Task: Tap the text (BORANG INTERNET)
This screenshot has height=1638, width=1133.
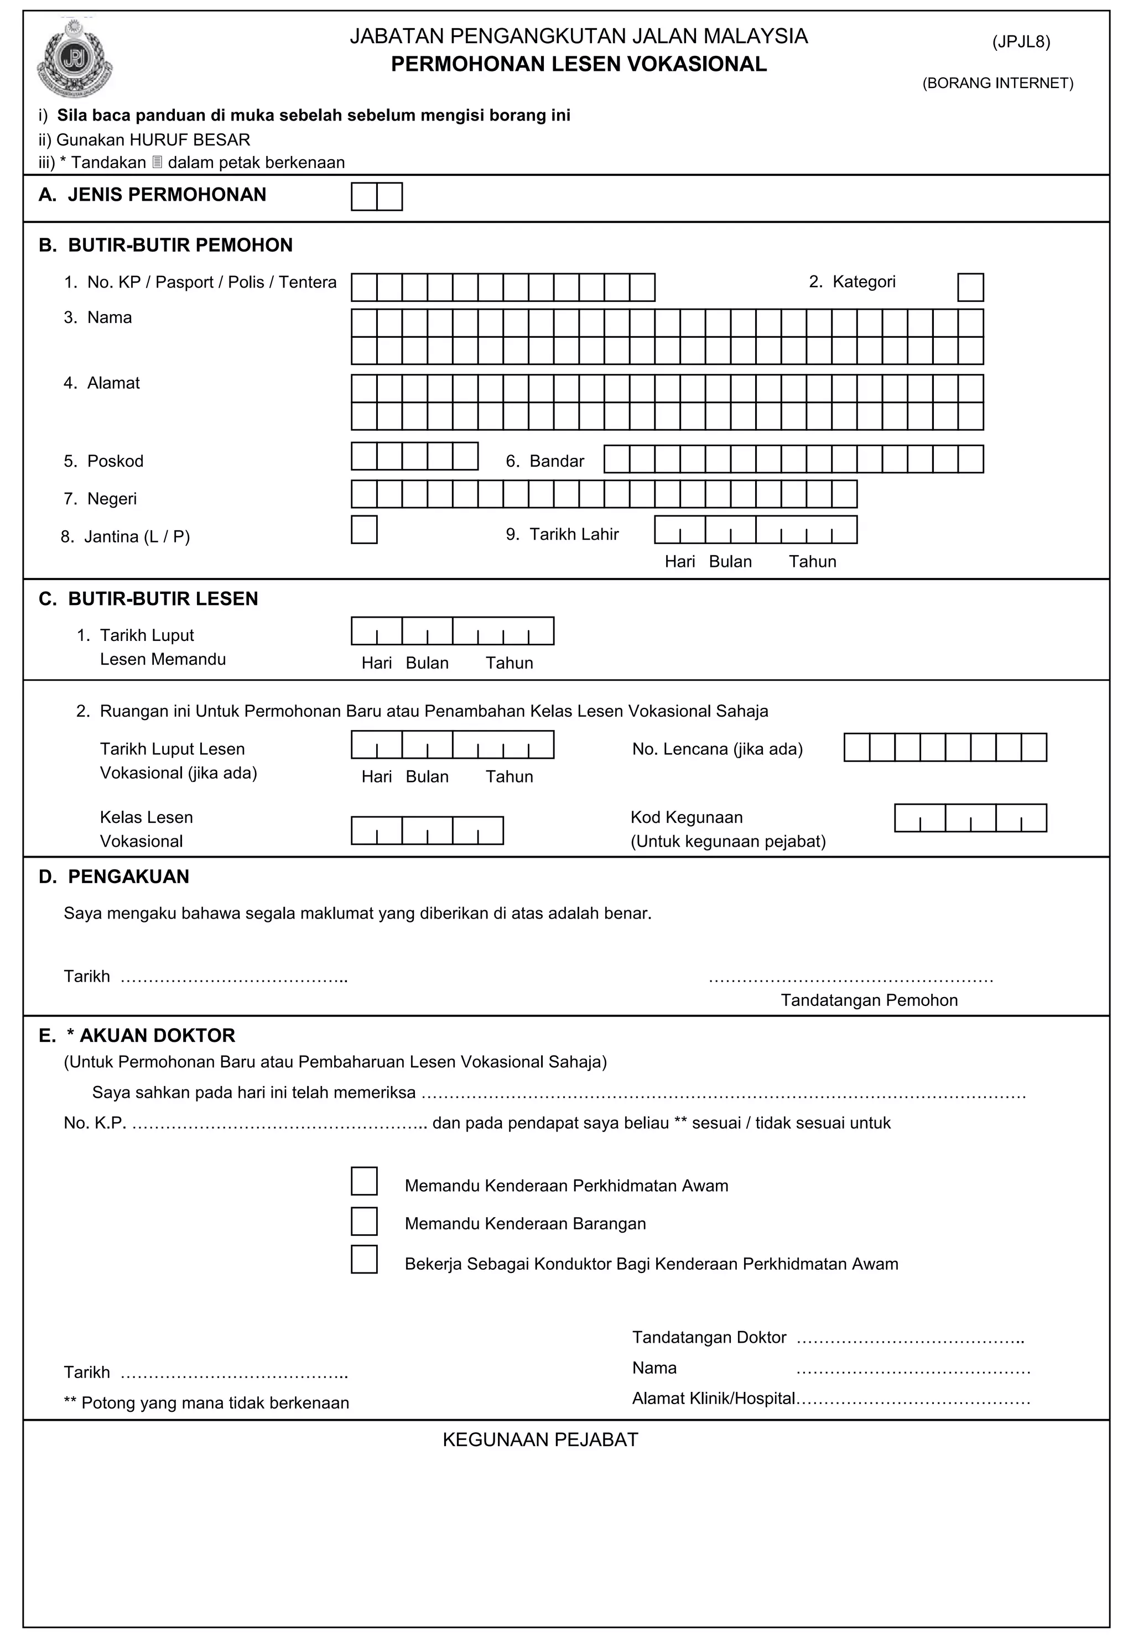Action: click(997, 83)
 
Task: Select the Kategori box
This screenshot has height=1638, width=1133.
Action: click(970, 288)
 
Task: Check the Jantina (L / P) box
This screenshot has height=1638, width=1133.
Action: click(364, 530)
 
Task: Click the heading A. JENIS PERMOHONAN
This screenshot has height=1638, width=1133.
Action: click(153, 195)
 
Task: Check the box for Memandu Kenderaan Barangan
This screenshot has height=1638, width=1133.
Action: click(364, 1222)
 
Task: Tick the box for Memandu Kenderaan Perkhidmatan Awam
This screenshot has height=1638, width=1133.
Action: click(364, 1181)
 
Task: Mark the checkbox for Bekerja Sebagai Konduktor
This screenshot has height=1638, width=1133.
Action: click(364, 1259)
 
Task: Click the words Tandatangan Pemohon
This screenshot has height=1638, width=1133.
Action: click(869, 1000)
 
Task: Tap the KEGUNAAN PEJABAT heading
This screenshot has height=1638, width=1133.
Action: click(540, 1439)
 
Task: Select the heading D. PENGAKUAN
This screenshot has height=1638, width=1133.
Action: click(115, 877)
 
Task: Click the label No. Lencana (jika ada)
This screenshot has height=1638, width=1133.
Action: click(717, 749)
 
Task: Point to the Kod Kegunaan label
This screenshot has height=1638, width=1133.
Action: click(687, 817)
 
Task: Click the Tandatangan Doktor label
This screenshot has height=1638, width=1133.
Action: click(709, 1337)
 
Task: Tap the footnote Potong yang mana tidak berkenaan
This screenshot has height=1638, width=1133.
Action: click(206, 1403)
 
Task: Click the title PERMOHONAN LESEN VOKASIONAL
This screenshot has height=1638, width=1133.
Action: click(579, 65)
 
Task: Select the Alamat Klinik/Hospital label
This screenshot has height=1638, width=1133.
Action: click(714, 1398)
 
